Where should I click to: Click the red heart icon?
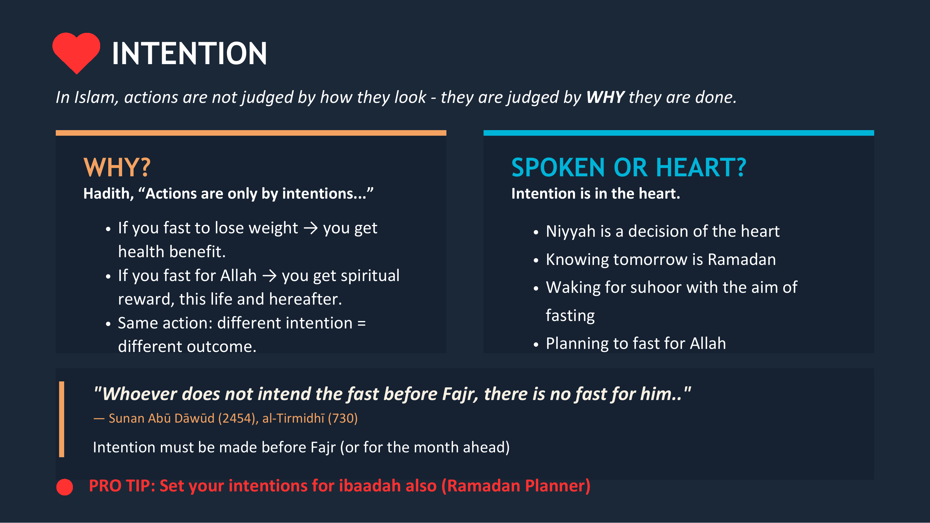76,52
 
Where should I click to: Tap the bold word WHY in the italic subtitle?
605,97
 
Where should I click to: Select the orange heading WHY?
117,168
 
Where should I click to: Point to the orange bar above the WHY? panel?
251,133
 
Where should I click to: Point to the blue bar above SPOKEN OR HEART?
678,133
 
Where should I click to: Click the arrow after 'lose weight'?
311,228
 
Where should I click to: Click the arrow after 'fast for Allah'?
269,276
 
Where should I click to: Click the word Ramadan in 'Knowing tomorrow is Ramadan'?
742,260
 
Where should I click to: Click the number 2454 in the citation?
237,418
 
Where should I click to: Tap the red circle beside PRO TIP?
64,487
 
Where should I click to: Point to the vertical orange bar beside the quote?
62,419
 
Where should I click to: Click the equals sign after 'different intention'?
361,323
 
